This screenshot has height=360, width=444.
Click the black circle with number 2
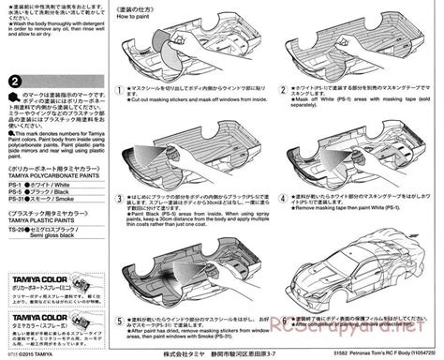pyautogui.click(x=17, y=83)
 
